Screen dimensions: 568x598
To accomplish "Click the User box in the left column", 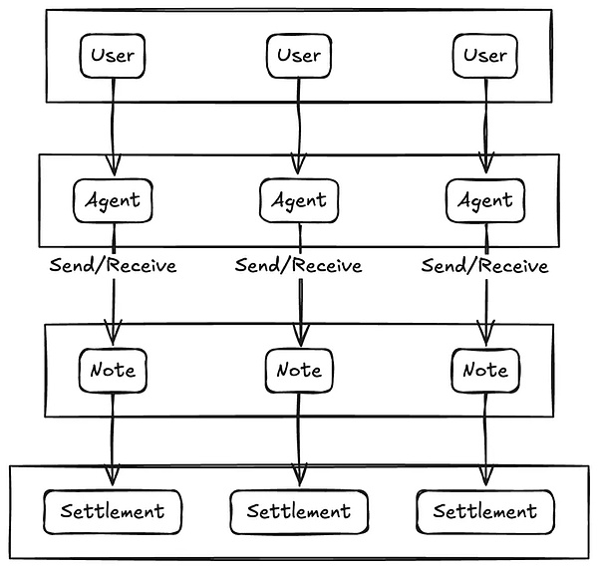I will click(112, 55).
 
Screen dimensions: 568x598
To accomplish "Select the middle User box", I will click(298, 55).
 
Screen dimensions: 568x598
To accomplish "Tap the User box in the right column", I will click(484, 55).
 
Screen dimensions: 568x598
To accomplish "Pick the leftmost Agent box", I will click(112, 201).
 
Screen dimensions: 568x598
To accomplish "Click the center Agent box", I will click(298, 201).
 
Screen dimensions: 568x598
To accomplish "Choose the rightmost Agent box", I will click(484, 201).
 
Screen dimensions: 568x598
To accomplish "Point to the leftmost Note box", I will click(112, 371).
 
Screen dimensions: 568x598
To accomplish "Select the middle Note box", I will click(298, 371).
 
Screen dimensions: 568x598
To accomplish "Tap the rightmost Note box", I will click(484, 371).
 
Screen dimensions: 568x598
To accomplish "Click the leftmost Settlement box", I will click(112, 512).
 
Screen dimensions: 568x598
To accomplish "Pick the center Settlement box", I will click(298, 512).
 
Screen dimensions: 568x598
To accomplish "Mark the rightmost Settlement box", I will click(484, 512).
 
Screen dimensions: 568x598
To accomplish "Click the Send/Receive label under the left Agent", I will click(112, 266).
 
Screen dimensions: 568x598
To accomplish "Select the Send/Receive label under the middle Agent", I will click(298, 266).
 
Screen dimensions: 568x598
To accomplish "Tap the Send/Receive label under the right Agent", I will click(484, 266).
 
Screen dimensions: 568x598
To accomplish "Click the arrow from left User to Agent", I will click(112, 125).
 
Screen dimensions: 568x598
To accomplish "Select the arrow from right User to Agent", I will click(485, 125).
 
